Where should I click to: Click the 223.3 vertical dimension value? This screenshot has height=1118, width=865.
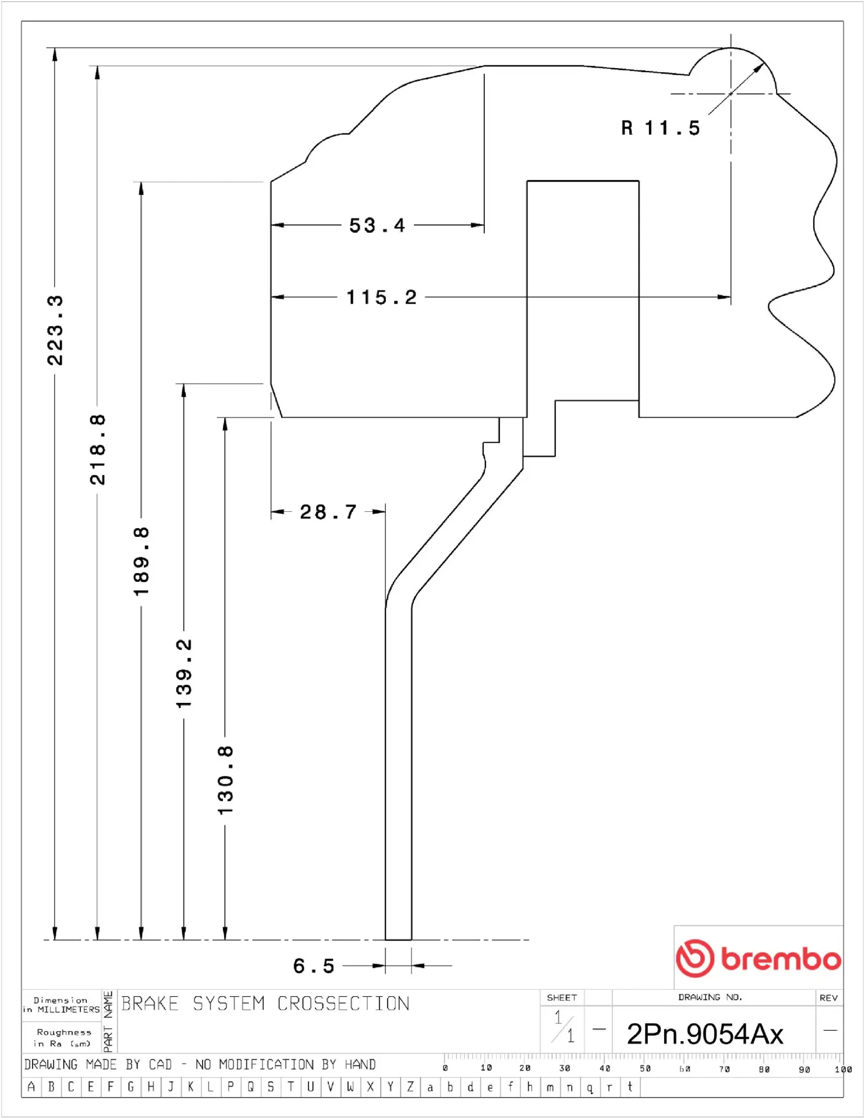point(55,330)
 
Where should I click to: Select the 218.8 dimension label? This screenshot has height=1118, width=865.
point(97,450)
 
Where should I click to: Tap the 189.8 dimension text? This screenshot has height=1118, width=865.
point(141,561)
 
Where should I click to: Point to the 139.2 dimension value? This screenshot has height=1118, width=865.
point(183,674)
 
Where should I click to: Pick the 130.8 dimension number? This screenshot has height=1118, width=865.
point(225,780)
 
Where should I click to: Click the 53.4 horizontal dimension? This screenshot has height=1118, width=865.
point(377,225)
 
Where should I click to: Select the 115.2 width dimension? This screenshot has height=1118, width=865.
point(382,298)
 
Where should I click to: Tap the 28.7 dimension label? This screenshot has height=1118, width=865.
point(328,512)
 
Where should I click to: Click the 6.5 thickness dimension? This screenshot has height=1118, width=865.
point(314,966)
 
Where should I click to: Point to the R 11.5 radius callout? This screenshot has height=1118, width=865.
point(661,128)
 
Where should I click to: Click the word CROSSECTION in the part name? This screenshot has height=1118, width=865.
point(343,1003)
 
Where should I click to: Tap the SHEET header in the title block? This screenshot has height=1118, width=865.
point(562,997)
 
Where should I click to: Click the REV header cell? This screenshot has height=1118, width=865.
point(828,997)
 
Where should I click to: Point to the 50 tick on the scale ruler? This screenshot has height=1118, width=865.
point(645,1069)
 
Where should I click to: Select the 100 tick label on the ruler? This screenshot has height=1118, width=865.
point(843,1069)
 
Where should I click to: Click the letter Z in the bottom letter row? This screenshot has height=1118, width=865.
point(410,1087)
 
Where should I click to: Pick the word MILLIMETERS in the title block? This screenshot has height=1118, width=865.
point(69,1009)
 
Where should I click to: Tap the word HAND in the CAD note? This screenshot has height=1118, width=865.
point(360,1064)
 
